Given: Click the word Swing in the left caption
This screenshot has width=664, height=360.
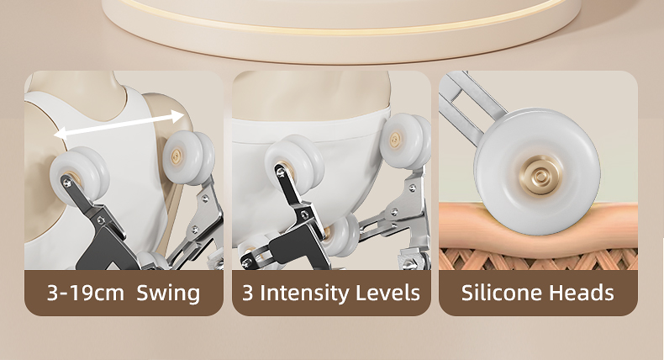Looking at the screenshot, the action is point(168,294).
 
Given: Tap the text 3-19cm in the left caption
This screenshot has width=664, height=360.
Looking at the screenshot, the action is point(86,293).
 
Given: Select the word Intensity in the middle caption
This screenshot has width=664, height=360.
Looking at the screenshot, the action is point(304,293).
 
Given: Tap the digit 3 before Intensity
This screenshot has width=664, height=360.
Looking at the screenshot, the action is point(247,293).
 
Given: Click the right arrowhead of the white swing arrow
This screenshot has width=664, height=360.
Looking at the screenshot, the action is point(178,116).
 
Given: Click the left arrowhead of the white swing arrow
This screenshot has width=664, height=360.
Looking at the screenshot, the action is point(61,134).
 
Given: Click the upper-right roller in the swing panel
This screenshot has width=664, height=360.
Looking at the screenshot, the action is point(189,157).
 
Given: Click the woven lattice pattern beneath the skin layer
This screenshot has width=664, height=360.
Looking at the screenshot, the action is point(538,259).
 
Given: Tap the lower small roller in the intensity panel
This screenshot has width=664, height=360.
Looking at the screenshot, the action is point(342,235).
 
